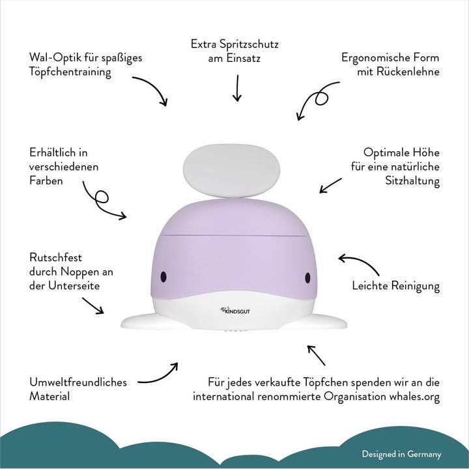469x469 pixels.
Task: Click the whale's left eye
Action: pyautogui.click(x=165, y=276)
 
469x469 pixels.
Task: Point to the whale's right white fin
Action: pyautogui.click(x=326, y=320)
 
